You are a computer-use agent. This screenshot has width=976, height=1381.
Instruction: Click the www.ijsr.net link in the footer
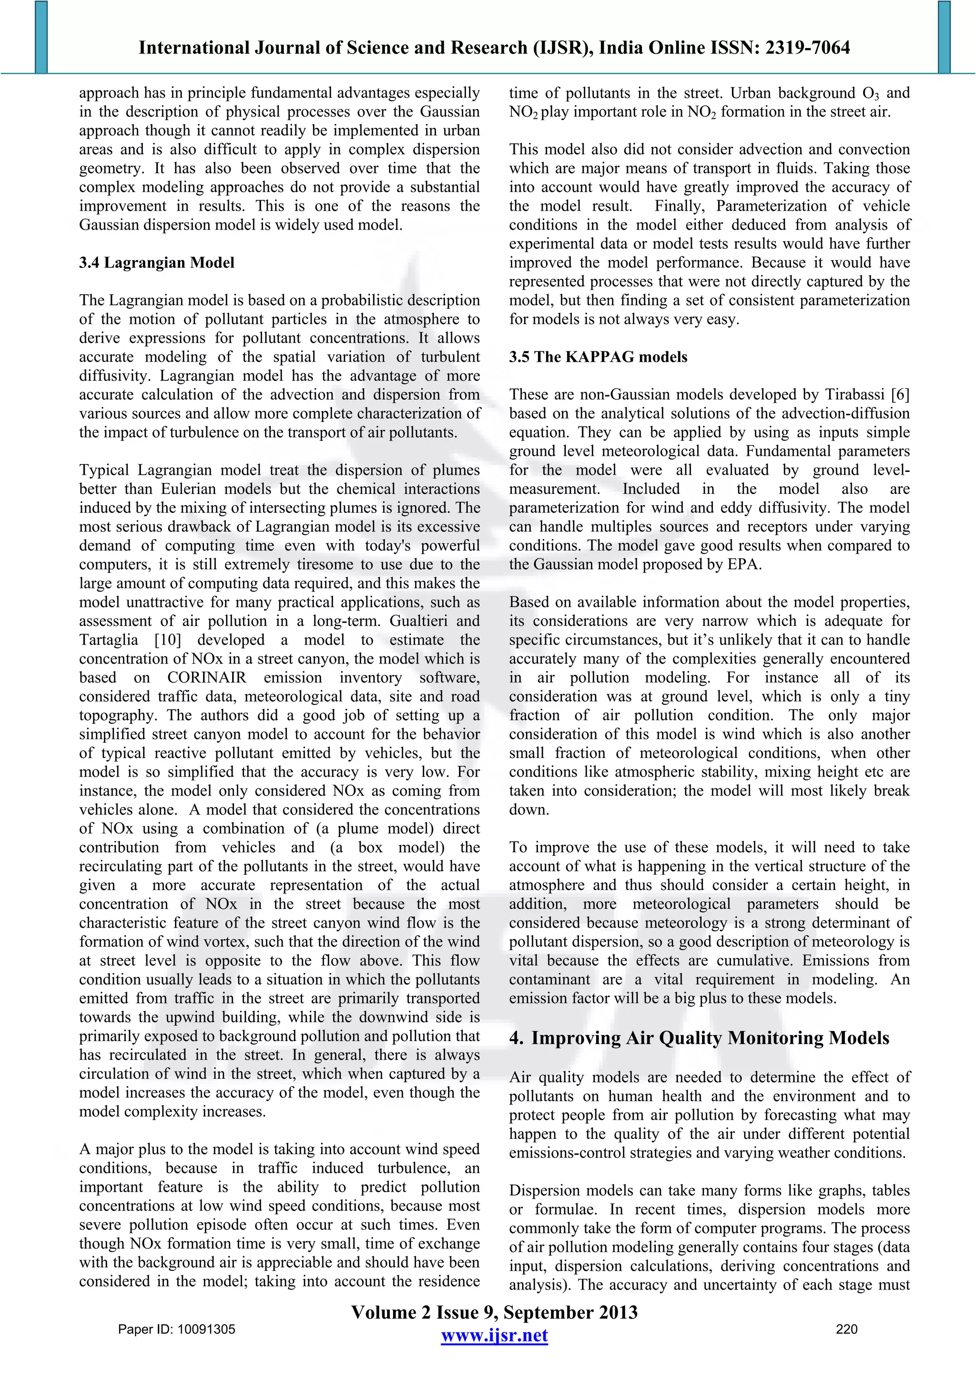[x=494, y=1335]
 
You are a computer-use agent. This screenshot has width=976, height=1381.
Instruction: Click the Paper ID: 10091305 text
[x=177, y=1329]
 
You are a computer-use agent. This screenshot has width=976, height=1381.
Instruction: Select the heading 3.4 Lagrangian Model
[x=156, y=263]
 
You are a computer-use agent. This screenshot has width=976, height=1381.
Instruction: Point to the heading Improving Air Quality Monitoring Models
[x=710, y=1038]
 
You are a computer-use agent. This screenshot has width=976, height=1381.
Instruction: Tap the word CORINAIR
[x=207, y=678]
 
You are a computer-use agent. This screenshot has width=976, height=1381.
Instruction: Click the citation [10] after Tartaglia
[x=167, y=640]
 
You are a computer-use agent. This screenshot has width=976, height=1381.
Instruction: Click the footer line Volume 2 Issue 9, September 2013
[x=494, y=1312]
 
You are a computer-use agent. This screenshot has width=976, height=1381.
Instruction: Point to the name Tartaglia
[x=109, y=640]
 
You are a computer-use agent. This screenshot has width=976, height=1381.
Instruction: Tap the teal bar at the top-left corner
[x=41, y=36]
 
